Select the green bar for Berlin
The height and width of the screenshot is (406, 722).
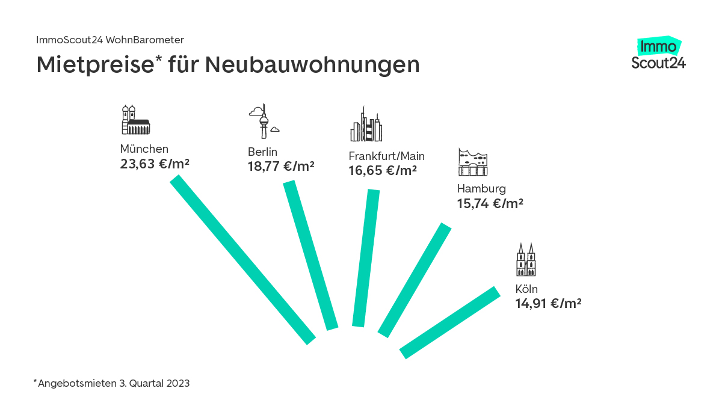coord(310,255)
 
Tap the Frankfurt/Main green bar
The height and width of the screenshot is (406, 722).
coord(366,258)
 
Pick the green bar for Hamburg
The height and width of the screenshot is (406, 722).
coord(415,280)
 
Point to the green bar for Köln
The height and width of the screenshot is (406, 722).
coord(450,322)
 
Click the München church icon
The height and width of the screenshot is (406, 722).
coord(135,120)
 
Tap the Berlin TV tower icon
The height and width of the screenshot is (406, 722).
coord(264,121)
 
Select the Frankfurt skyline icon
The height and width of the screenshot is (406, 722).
coord(366,125)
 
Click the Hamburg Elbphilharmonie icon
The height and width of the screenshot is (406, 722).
coord(473,161)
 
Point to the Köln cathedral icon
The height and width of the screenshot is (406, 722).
coord(526,260)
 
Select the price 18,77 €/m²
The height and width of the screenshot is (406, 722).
coord(281,167)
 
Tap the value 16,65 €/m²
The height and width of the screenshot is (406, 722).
coord(383,171)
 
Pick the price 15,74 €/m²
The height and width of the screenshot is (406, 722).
coord(490,204)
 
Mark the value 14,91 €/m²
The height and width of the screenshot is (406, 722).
coord(548,303)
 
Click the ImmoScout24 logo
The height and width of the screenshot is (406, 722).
coord(659,54)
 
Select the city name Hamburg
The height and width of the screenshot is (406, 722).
coord(481,189)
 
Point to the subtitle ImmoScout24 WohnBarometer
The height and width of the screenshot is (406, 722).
coord(110,40)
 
